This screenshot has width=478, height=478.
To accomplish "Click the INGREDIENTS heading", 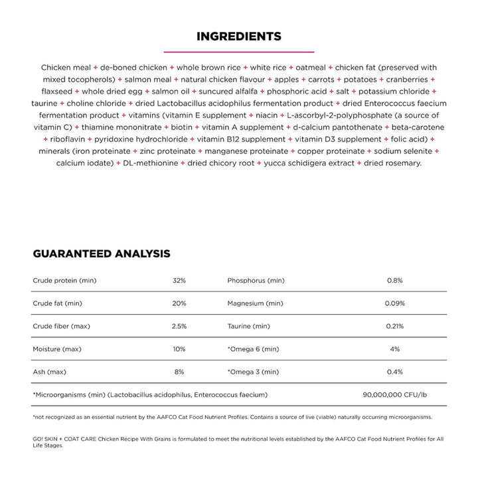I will tap(239, 37).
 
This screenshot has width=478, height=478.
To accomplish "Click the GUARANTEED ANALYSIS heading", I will tap(102, 254).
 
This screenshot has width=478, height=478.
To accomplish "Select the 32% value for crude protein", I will tap(179, 281).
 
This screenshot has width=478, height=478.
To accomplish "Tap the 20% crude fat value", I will tap(179, 303).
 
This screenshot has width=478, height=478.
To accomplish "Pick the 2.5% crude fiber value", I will tap(179, 326).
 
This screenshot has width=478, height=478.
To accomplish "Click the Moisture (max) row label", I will tap(57, 349).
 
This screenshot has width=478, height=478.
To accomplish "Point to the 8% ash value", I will tap(179, 372).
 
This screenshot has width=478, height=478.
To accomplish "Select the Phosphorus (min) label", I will tap(256, 281).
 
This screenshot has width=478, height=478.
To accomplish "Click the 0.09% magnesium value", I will tap(395, 303).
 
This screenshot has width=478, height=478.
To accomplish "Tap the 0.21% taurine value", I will tap(395, 326).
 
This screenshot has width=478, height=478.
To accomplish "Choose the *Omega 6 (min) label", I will tap(254, 349).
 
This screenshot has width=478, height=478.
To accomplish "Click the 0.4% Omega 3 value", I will tap(395, 372).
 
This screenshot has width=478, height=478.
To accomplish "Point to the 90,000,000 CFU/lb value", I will tap(395, 394).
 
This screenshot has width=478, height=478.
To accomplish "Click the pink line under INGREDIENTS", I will tap(239, 51).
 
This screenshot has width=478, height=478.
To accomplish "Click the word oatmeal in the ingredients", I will tap(309, 68).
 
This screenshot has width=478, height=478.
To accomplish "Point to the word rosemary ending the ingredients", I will tap(403, 163).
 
